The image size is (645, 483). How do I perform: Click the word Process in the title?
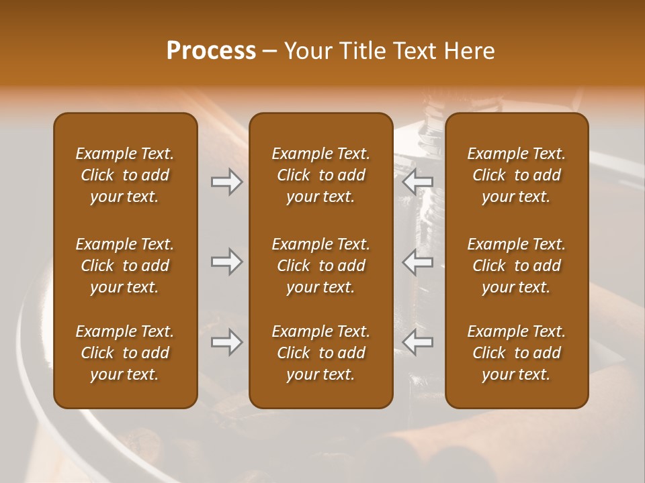click(x=211, y=51)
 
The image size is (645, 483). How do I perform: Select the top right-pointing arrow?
click(x=226, y=181)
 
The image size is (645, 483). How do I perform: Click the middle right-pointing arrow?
click(x=226, y=262)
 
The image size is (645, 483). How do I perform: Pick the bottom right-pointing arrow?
click(x=226, y=342)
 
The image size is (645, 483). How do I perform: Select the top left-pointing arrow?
click(x=418, y=181)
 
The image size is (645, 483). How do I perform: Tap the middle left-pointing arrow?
click(x=418, y=262)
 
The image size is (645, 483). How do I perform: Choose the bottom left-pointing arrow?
click(x=418, y=342)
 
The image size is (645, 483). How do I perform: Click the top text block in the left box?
click(x=125, y=175)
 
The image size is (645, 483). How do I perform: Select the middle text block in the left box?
click(x=125, y=266)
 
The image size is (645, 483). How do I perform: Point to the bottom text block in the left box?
click(x=125, y=353)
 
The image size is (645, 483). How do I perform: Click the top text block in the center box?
click(x=320, y=175)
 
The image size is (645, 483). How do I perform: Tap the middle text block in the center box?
click(x=320, y=266)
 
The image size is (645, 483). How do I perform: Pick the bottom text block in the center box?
click(x=320, y=353)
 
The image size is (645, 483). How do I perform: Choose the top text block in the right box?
click(x=516, y=175)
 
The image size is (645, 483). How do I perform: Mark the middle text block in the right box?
click(x=516, y=266)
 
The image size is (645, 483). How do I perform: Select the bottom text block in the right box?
click(x=516, y=353)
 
